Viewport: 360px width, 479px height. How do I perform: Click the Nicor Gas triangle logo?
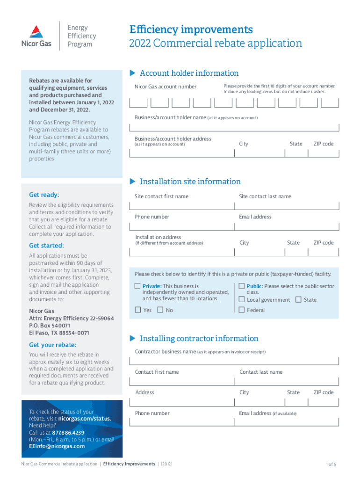pyautogui.click(x=36, y=31)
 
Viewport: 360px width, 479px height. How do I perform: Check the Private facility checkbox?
pyautogui.click(x=137, y=286)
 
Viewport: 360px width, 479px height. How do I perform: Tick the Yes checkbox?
pyautogui.click(x=137, y=310)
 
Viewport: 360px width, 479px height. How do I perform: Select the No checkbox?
pyautogui.click(x=160, y=310)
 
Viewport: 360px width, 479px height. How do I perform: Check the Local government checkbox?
pyautogui.click(x=242, y=299)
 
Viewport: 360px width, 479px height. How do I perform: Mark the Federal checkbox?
pyautogui.click(x=242, y=310)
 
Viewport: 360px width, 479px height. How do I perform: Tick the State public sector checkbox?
pyautogui.click(x=298, y=299)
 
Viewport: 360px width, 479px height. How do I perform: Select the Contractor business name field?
pyautogui.click(x=234, y=361)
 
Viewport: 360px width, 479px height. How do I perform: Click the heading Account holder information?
pyautogui.click(x=189, y=73)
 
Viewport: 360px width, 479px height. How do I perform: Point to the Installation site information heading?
pyautogui.click(x=190, y=181)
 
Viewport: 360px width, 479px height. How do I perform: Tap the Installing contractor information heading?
pyautogui.click(x=199, y=338)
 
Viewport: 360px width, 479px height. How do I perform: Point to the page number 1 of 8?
pyautogui.click(x=331, y=464)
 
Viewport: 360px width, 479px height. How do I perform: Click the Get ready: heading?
pyautogui.click(x=44, y=195)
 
